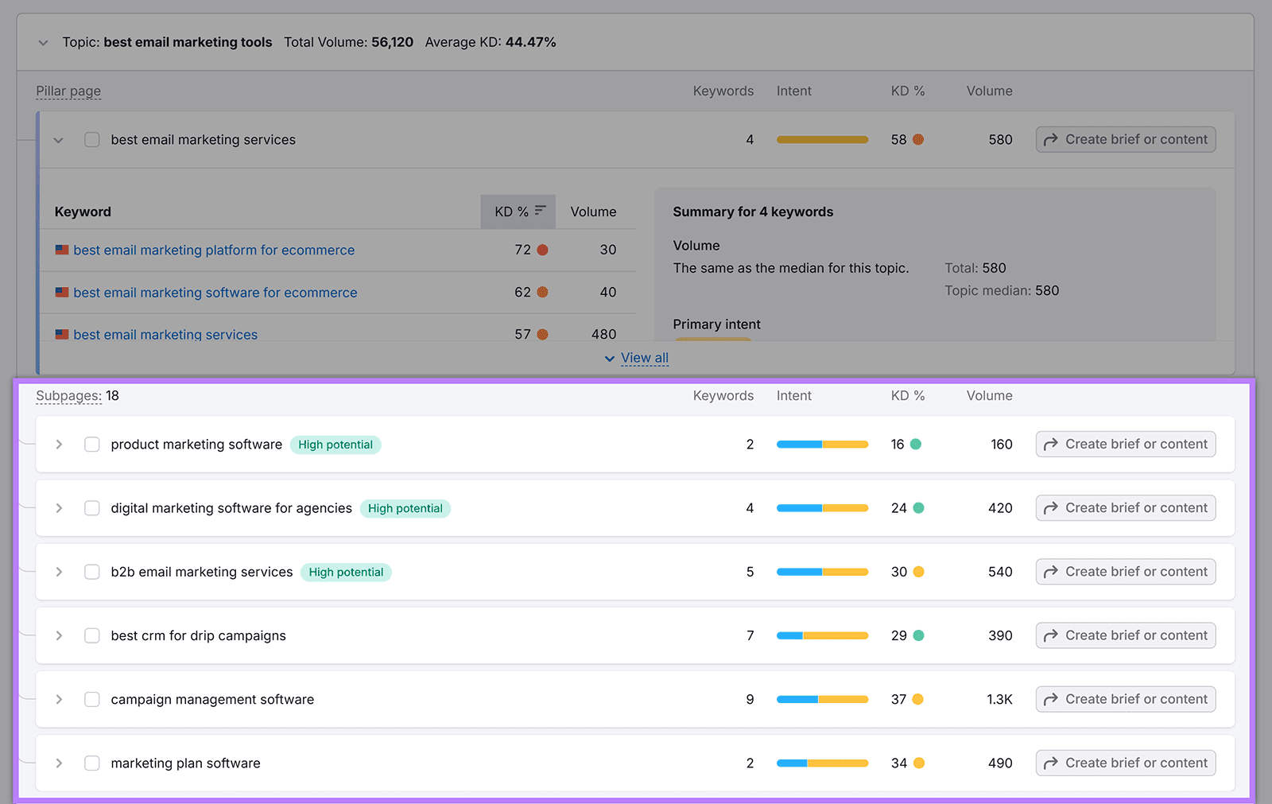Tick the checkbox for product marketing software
click(x=92, y=445)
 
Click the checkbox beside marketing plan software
click(x=92, y=763)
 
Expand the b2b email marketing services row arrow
click(x=59, y=572)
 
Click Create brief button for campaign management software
click(x=1125, y=699)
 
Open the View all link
click(x=644, y=358)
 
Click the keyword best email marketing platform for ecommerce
click(x=214, y=250)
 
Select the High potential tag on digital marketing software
click(x=405, y=508)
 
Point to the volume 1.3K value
click(x=999, y=699)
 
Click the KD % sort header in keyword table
click(x=518, y=212)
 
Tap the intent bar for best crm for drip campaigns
click(x=822, y=635)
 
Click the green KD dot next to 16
click(x=916, y=445)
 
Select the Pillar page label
click(x=68, y=91)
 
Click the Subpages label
click(x=68, y=395)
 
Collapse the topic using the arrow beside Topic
click(x=43, y=43)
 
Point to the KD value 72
click(x=522, y=250)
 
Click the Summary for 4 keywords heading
click(x=753, y=212)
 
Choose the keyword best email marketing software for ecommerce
click(x=215, y=293)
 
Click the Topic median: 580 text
click(x=1001, y=290)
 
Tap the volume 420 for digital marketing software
click(x=999, y=508)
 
